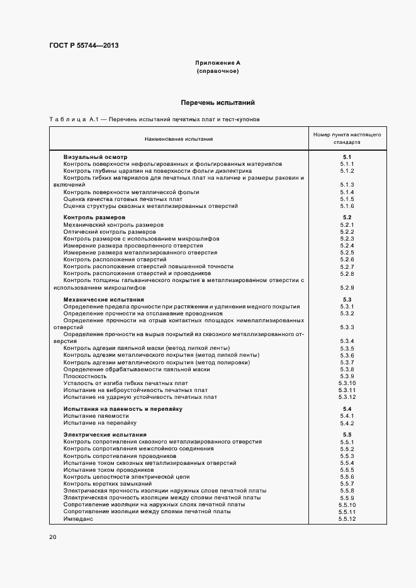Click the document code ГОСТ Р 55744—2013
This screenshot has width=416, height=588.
point(84,45)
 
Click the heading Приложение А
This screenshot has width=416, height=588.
point(218,63)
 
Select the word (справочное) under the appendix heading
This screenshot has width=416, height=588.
point(218,72)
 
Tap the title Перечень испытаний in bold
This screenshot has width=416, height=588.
point(218,102)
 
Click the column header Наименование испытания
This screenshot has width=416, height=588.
point(179,139)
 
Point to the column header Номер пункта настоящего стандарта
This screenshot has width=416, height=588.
point(347,139)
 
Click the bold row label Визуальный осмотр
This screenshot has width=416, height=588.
point(95,156)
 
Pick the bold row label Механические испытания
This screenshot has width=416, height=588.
point(104,300)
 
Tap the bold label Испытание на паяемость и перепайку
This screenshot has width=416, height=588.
point(123,409)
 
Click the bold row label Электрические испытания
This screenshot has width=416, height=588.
point(105,435)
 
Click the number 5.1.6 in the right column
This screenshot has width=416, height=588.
point(347,206)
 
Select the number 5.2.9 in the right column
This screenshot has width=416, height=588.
point(347,288)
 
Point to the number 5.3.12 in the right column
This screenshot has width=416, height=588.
point(347,397)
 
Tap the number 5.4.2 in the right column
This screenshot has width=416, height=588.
point(347,423)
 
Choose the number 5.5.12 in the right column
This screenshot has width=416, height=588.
point(347,519)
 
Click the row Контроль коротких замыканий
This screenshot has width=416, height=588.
point(108,484)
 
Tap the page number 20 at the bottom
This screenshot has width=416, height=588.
point(53,537)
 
